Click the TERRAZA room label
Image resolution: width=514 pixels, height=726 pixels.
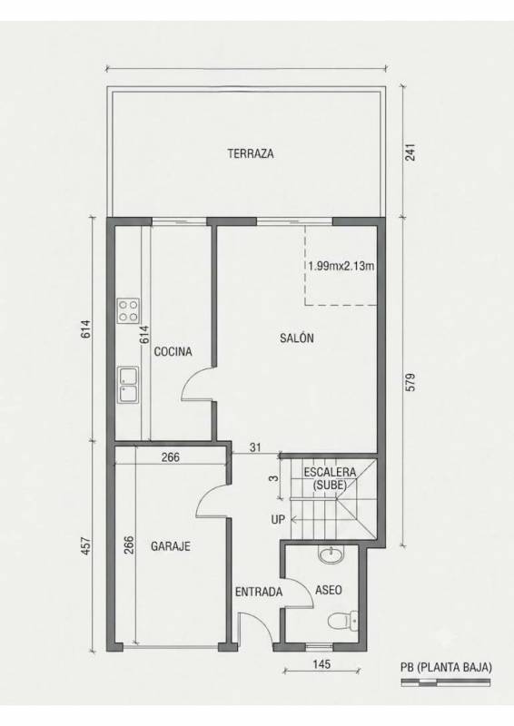251,153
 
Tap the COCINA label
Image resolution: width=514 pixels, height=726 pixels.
173,351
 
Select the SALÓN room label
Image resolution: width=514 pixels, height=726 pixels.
297,338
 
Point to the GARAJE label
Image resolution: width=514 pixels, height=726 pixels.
171,546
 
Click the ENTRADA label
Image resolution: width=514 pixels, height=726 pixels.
259,592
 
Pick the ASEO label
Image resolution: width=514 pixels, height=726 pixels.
329,590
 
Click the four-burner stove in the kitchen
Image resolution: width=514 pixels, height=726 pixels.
128,310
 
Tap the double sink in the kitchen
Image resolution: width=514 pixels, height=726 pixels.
128,385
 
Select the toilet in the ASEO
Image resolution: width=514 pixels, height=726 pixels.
343,621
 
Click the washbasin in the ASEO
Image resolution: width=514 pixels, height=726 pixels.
331,554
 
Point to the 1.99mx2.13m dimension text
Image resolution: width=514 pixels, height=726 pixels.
341,266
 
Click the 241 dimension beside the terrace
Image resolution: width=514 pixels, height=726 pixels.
410,152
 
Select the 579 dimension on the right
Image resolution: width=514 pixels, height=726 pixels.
410,382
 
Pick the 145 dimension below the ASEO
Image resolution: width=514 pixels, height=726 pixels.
321,664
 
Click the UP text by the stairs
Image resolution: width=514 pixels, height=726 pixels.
278,519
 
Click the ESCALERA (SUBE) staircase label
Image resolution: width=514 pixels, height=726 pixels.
330,478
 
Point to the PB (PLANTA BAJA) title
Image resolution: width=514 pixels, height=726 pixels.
446,667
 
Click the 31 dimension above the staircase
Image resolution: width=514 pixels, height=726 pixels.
255,447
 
